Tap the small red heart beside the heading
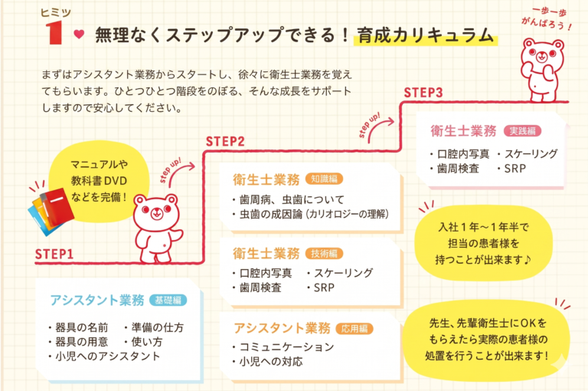78,34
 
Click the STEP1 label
54,255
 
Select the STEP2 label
225,141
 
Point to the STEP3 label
423,93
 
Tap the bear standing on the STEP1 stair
157,223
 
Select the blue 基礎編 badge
168,300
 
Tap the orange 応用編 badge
354,328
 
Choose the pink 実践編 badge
524,131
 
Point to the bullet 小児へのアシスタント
107,356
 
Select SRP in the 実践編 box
514,168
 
